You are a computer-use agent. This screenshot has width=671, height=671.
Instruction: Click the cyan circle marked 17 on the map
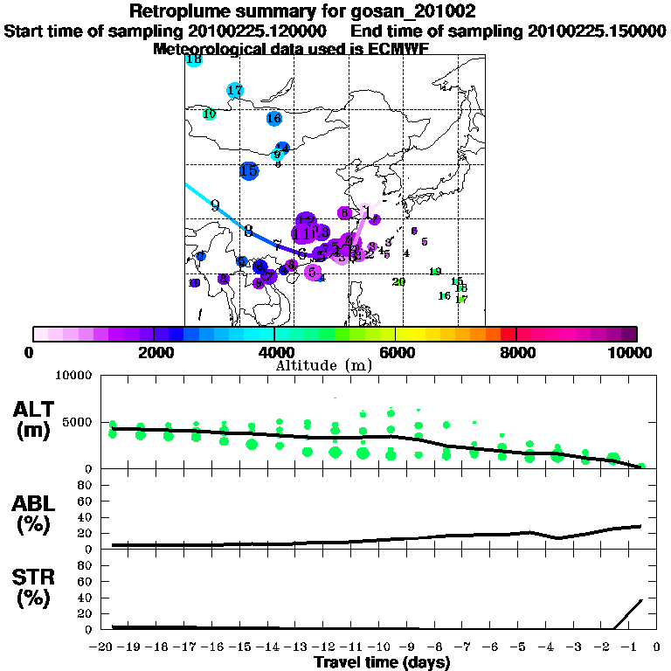(x=234, y=91)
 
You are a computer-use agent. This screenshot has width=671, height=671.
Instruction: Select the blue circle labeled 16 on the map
(x=274, y=118)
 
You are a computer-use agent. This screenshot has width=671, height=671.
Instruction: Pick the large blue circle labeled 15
(x=249, y=171)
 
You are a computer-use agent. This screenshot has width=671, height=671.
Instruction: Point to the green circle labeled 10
(x=210, y=114)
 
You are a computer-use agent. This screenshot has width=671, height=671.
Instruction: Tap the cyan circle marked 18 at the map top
(x=194, y=60)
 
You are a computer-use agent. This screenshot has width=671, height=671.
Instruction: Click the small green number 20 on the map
(x=399, y=281)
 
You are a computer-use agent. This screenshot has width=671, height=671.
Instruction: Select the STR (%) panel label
(x=36, y=586)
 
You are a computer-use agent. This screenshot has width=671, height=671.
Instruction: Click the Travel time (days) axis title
(x=382, y=663)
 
